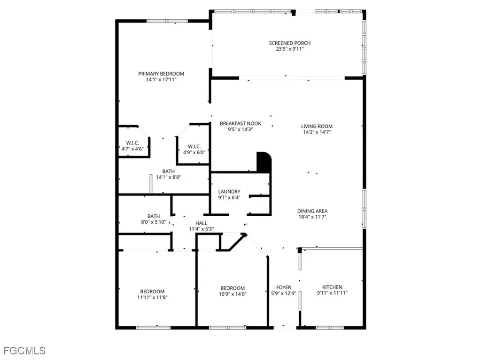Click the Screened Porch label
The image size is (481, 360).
coord(290,43)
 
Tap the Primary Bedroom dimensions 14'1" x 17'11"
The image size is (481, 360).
coord(161,80)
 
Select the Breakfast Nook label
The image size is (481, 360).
coord(240,124)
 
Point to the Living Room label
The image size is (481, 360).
coord(317,126)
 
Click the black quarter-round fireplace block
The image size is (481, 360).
coord(264,162)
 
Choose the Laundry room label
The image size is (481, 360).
coord(229,192)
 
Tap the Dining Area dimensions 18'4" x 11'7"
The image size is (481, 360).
coord(312,217)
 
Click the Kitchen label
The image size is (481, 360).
coord(332,287)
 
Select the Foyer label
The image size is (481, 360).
coord(283,287)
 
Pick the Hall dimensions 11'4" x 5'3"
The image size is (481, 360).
coord(201,229)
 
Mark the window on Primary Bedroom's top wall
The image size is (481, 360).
coord(161,21)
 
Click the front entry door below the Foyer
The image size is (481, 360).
coord(283,327)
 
